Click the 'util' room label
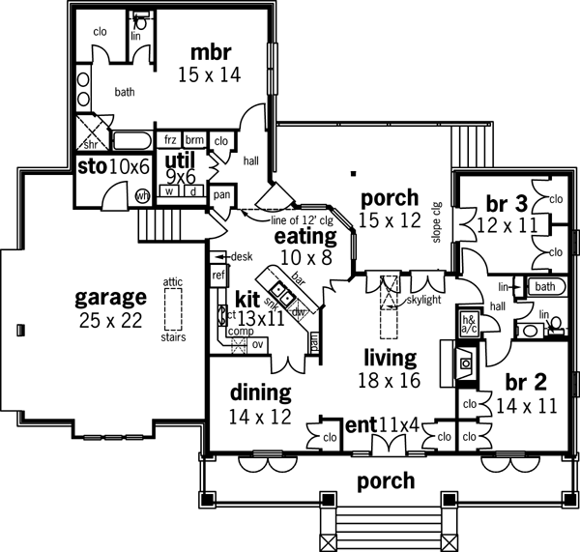(180, 159)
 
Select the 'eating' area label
(304, 236)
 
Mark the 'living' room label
(390, 359)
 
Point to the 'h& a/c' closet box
(471, 325)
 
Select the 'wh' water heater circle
(144, 195)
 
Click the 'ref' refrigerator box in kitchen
(217, 275)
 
